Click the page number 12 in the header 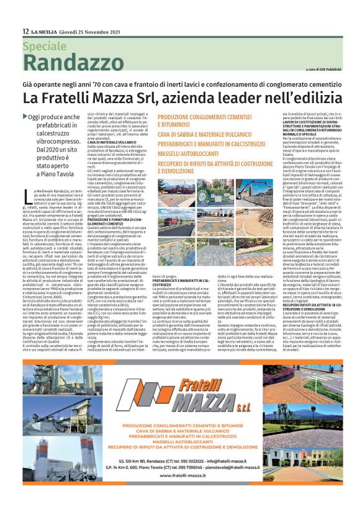tap(25, 32)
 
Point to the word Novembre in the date tap(91, 32)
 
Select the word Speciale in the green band tap(44, 46)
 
